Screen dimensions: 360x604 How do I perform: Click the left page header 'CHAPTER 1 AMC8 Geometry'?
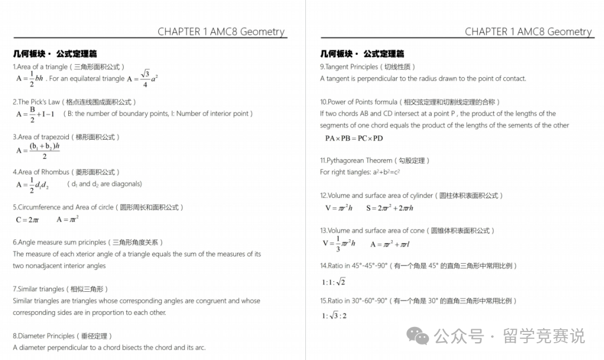pos(221,32)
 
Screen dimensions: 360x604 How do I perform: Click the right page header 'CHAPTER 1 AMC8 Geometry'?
pos(528,32)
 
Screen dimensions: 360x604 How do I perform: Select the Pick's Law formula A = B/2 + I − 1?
pos(35,113)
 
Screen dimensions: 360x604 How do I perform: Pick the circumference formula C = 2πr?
pos(27,220)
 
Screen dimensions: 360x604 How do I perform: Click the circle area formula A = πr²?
pos(67,219)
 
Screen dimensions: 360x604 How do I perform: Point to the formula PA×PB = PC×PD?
pos(354,138)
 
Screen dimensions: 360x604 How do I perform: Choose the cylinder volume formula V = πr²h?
pos(338,208)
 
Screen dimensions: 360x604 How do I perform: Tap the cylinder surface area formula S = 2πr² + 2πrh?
pos(389,208)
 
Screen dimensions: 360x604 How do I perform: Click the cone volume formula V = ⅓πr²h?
pos(339,244)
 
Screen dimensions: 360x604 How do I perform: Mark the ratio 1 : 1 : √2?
pos(333,282)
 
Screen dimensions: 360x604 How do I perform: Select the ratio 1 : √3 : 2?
pos(334,316)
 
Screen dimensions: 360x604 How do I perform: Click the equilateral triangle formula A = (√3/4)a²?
pos(143,79)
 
